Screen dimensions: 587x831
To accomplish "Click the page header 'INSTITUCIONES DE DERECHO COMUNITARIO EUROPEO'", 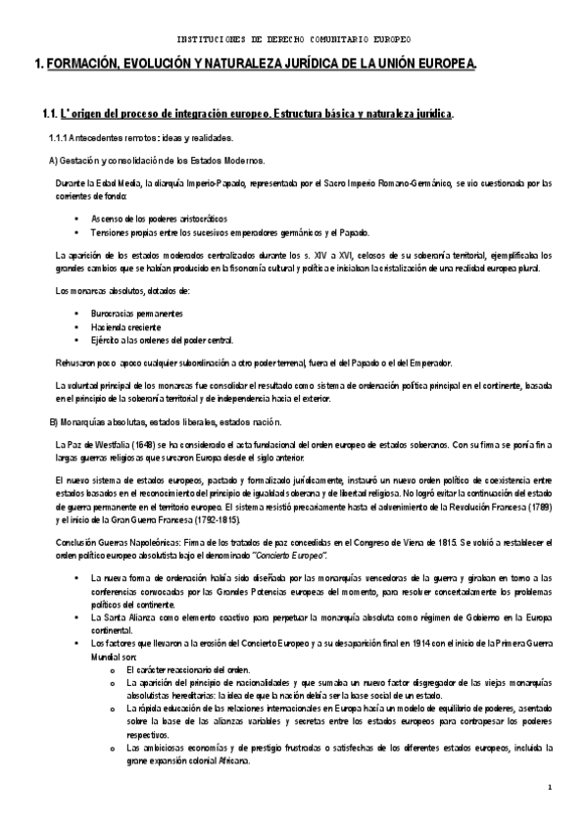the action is tap(293, 39).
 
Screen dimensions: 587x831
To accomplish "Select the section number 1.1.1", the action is tap(61, 138).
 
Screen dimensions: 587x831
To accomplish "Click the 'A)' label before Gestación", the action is tap(54, 160).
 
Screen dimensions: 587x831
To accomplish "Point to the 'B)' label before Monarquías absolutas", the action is tap(54, 422).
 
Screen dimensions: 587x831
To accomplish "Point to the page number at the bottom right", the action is tap(551, 814).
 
